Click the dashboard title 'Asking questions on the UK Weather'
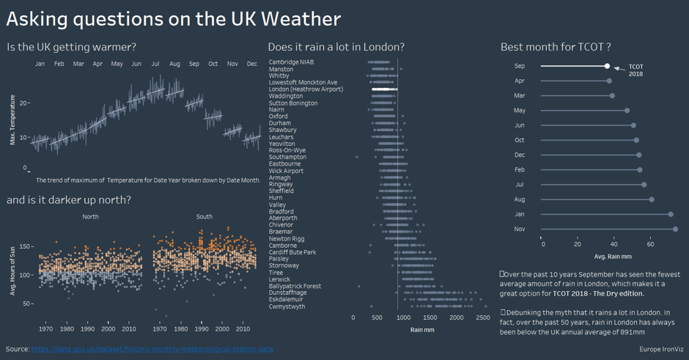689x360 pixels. (x=173, y=19)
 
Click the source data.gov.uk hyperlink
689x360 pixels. (x=152, y=349)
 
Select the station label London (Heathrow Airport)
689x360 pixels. (x=306, y=89)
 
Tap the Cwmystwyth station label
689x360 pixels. (x=287, y=306)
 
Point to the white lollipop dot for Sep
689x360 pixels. (x=607, y=66)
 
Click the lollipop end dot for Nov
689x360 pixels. (x=675, y=229)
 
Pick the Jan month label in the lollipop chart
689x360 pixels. (x=520, y=214)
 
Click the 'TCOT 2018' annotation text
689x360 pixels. (x=635, y=70)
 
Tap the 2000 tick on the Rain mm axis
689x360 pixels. (x=457, y=318)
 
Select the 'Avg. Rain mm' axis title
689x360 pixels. (x=612, y=257)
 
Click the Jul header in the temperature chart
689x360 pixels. (x=155, y=65)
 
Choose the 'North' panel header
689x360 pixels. (x=90, y=217)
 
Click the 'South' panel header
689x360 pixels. (x=205, y=217)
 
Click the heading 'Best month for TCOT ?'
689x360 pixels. (x=556, y=47)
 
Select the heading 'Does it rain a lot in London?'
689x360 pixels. (x=336, y=47)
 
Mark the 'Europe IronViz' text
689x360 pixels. (x=660, y=350)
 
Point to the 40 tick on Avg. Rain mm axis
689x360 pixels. (x=614, y=243)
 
